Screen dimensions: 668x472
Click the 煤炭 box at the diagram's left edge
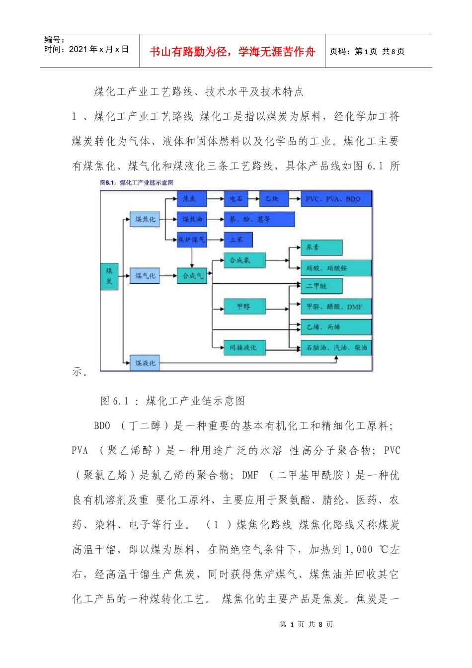(109, 276)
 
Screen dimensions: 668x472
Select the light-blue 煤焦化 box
(145, 219)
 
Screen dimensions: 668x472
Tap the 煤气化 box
(145, 276)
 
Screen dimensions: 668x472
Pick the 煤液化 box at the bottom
(145, 363)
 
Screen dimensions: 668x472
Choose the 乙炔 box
(273, 199)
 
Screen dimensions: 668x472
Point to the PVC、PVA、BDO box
(336, 199)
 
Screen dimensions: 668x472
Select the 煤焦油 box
(192, 219)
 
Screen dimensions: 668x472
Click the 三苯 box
(238, 240)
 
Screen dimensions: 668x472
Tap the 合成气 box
(192, 276)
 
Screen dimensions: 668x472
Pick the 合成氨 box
(244, 260)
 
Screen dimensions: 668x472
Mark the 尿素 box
(321, 247)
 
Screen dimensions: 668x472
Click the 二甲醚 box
(321, 286)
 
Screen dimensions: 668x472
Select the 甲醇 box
(244, 307)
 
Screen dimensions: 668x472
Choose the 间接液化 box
(244, 347)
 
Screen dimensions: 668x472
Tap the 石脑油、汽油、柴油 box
(336, 347)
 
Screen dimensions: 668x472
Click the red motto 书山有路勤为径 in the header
(232, 52)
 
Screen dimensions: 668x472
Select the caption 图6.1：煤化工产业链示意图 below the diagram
(172, 401)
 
